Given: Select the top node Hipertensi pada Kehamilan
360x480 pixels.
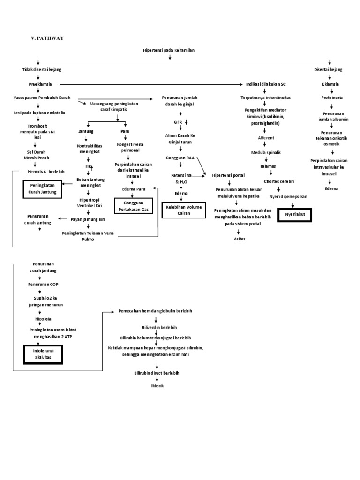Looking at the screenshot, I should click(169, 50).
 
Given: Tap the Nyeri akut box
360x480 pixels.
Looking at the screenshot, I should click(294, 215).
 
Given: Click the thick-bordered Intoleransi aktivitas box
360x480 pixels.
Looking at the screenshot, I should click(43, 353).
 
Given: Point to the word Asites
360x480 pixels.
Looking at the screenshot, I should click(240, 239).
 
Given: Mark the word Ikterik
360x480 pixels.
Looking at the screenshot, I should click(157, 385).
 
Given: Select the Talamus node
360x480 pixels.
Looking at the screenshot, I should click(268, 166).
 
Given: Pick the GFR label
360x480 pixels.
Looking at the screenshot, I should click(178, 122).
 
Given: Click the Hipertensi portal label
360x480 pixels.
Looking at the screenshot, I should click(229, 175).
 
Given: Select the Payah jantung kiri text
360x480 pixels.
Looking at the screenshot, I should click(88, 218).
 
